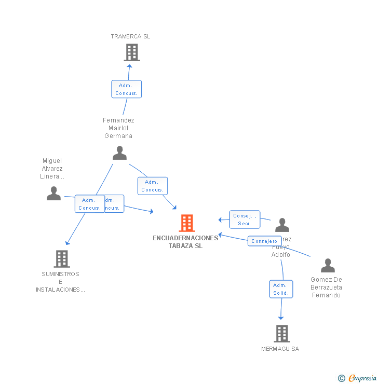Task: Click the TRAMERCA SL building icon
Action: (132, 52)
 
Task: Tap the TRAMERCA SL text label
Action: (130, 36)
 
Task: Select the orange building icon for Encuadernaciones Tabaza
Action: (187, 223)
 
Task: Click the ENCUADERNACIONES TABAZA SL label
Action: (185, 242)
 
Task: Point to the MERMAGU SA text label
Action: (280, 349)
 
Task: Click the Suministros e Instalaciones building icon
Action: (62, 258)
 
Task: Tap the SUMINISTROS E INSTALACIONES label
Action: (61, 282)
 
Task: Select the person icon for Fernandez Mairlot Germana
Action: (120, 153)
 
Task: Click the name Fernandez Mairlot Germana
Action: (118, 128)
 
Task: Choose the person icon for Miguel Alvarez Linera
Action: (53, 194)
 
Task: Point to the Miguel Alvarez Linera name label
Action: (52, 169)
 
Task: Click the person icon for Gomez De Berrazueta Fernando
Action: (328, 266)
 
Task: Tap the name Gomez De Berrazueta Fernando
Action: (326, 287)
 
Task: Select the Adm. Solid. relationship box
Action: (281, 289)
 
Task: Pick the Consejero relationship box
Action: (264, 241)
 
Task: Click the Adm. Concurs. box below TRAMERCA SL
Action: (126, 89)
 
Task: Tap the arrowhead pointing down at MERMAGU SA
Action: (281, 317)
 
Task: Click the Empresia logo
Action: (358, 378)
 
